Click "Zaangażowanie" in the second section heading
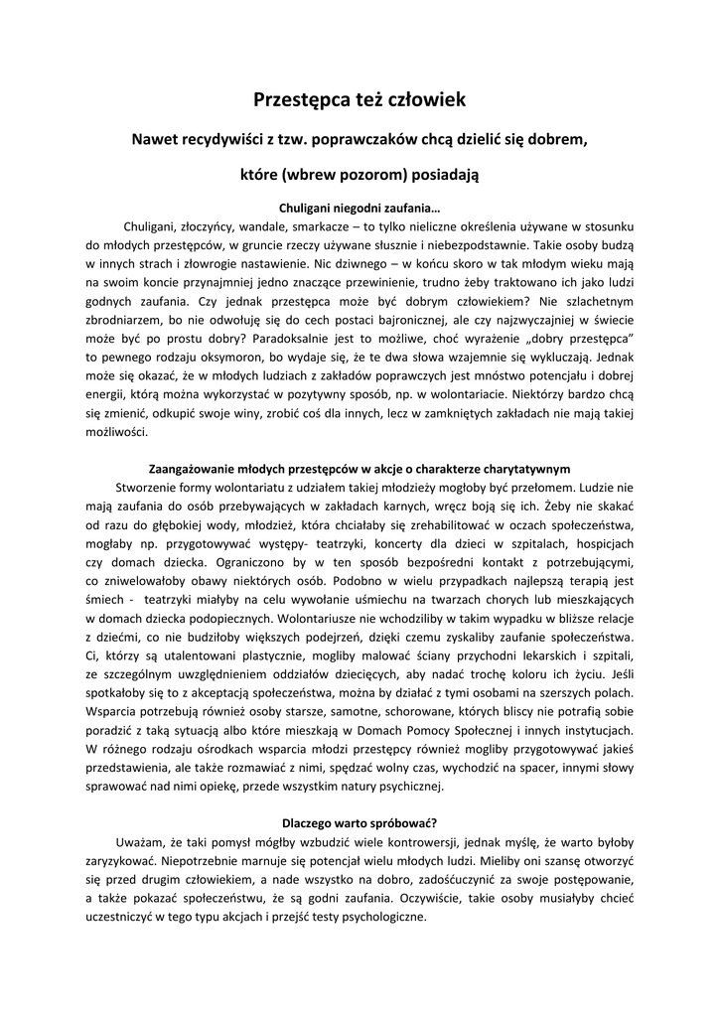click(x=192, y=469)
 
